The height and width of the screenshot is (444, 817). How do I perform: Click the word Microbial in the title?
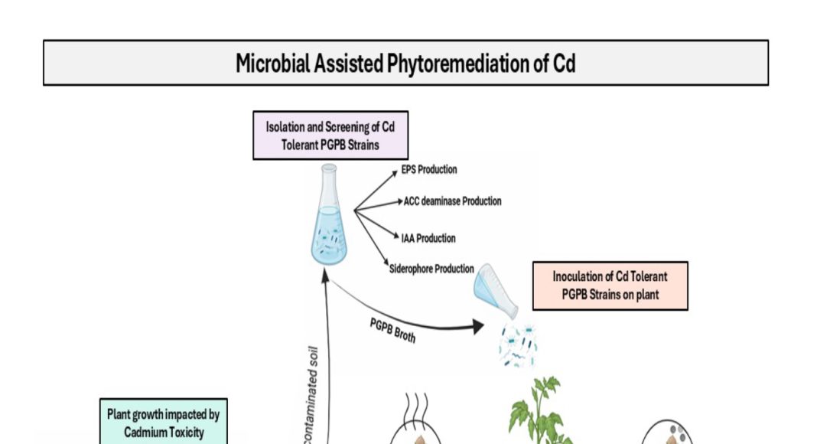click(x=272, y=64)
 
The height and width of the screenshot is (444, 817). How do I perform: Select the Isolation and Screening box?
click(x=330, y=135)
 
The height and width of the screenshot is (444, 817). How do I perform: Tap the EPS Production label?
click(x=428, y=169)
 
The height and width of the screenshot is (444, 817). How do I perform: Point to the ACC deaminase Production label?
click(x=452, y=201)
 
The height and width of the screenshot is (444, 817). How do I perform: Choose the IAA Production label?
click(x=428, y=238)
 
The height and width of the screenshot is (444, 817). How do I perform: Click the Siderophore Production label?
click(x=431, y=269)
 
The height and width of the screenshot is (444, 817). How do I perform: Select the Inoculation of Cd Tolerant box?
click(x=610, y=286)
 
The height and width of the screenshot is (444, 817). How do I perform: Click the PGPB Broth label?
click(x=392, y=331)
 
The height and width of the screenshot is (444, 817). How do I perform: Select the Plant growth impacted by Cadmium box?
click(x=161, y=423)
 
